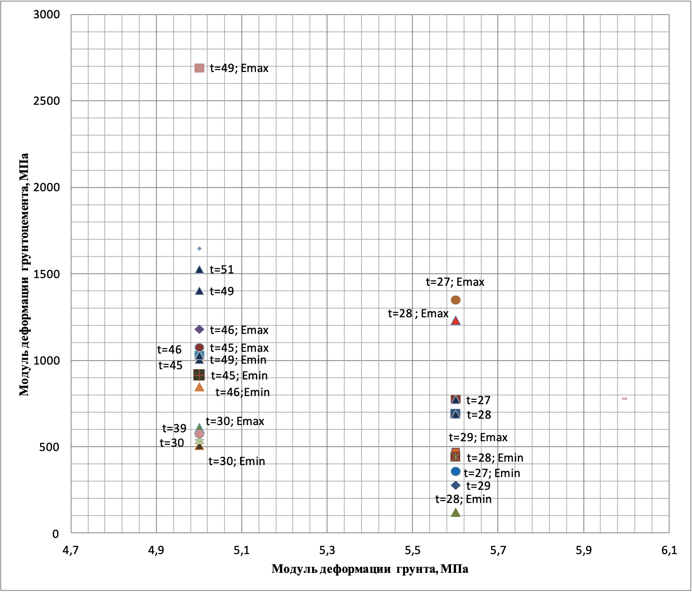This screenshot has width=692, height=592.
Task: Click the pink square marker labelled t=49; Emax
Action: pyautogui.click(x=199, y=68)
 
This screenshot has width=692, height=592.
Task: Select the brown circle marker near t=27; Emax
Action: pyautogui.click(x=456, y=300)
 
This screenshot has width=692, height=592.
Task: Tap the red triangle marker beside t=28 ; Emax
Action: pyautogui.click(x=456, y=321)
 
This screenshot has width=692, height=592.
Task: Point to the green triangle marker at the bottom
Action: pyautogui.click(x=456, y=512)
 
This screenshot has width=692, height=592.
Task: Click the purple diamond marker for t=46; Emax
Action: pyautogui.click(x=199, y=330)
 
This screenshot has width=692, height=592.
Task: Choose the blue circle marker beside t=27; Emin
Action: pyautogui.click(x=456, y=471)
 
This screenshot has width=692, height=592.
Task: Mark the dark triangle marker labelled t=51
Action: pyautogui.click(x=199, y=269)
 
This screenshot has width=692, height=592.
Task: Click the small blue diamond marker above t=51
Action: pyautogui.click(x=199, y=249)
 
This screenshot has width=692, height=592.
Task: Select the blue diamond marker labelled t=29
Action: pyautogui.click(x=456, y=486)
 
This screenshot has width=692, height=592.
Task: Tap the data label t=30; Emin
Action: pyautogui.click(x=237, y=461)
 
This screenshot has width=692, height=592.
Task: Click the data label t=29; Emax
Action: pyautogui.click(x=478, y=437)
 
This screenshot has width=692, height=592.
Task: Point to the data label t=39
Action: pyautogui.click(x=174, y=428)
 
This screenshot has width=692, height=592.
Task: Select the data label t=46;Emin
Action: pyautogui.click(x=243, y=392)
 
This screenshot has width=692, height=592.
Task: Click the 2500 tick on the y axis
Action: pyautogui.click(x=47, y=101)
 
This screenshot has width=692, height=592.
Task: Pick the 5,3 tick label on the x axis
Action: pyautogui.click(x=327, y=550)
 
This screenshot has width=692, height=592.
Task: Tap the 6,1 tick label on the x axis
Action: pyautogui.click(x=669, y=550)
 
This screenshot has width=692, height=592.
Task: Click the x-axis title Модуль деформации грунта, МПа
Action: pyautogui.click(x=370, y=569)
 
